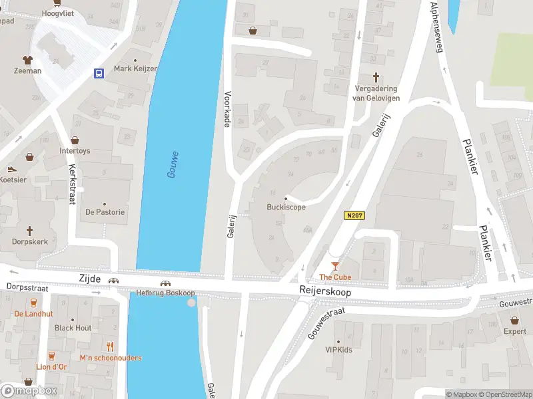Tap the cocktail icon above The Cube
pos(334,266)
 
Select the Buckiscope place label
pos(286,207)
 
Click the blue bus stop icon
pos(99,73)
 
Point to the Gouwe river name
pos(173,164)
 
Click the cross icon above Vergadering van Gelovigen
pos(375,77)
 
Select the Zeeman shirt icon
pos(27,60)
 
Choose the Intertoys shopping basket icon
pos(75,140)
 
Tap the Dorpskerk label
pos(30,242)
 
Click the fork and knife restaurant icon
pos(111,346)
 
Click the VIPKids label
pos(338,350)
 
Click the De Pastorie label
pos(105,212)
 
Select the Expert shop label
pos(514,331)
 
